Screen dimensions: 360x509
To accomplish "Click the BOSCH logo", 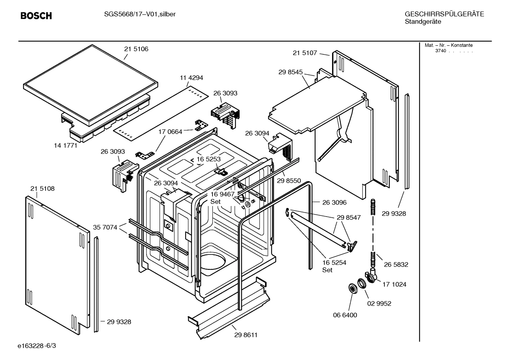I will (x=36, y=16).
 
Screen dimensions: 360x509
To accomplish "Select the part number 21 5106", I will (x=136, y=49).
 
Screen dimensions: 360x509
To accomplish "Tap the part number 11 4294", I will (x=191, y=78).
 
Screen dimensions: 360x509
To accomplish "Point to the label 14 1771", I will (x=65, y=145).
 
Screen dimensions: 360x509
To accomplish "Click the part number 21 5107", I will (x=305, y=53).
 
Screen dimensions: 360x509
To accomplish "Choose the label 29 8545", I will (x=291, y=72).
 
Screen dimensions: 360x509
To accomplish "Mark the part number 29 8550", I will (x=289, y=181).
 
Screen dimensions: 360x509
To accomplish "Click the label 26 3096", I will (x=334, y=202).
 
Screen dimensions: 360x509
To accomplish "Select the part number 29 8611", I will (x=246, y=335).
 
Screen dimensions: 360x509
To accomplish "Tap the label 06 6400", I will (x=345, y=315).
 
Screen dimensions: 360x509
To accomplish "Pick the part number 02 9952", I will (x=379, y=303).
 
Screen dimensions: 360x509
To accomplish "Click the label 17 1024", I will (x=394, y=284).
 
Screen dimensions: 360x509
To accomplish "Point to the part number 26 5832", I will (x=396, y=265).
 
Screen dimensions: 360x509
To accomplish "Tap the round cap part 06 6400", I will (x=352, y=288).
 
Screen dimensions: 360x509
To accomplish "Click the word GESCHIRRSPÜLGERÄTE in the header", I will (x=444, y=14).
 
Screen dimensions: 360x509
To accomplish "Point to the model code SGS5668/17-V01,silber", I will (x=139, y=14).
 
